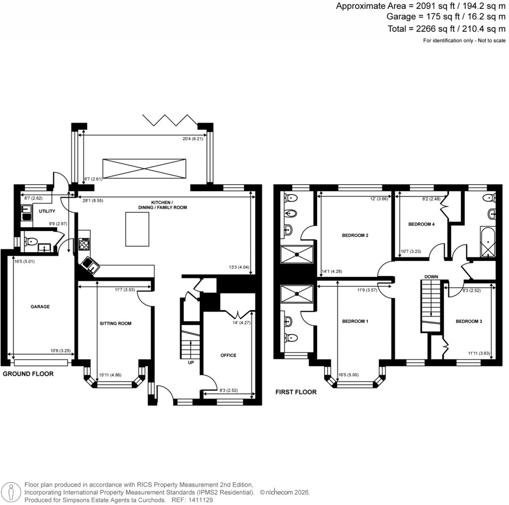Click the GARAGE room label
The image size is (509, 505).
[40, 307]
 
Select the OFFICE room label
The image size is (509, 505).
[228, 355]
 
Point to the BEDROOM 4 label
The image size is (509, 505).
[422, 224]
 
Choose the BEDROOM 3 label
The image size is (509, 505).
[469, 322]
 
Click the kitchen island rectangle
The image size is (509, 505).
[137, 229]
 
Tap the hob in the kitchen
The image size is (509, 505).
[84, 245]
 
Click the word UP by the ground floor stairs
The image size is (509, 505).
[191, 362]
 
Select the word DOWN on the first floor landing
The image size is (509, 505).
[431, 276]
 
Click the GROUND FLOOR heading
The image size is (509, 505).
[28, 373]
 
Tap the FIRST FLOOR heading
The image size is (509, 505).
[296, 392]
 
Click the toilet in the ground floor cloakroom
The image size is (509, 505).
[31, 243]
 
